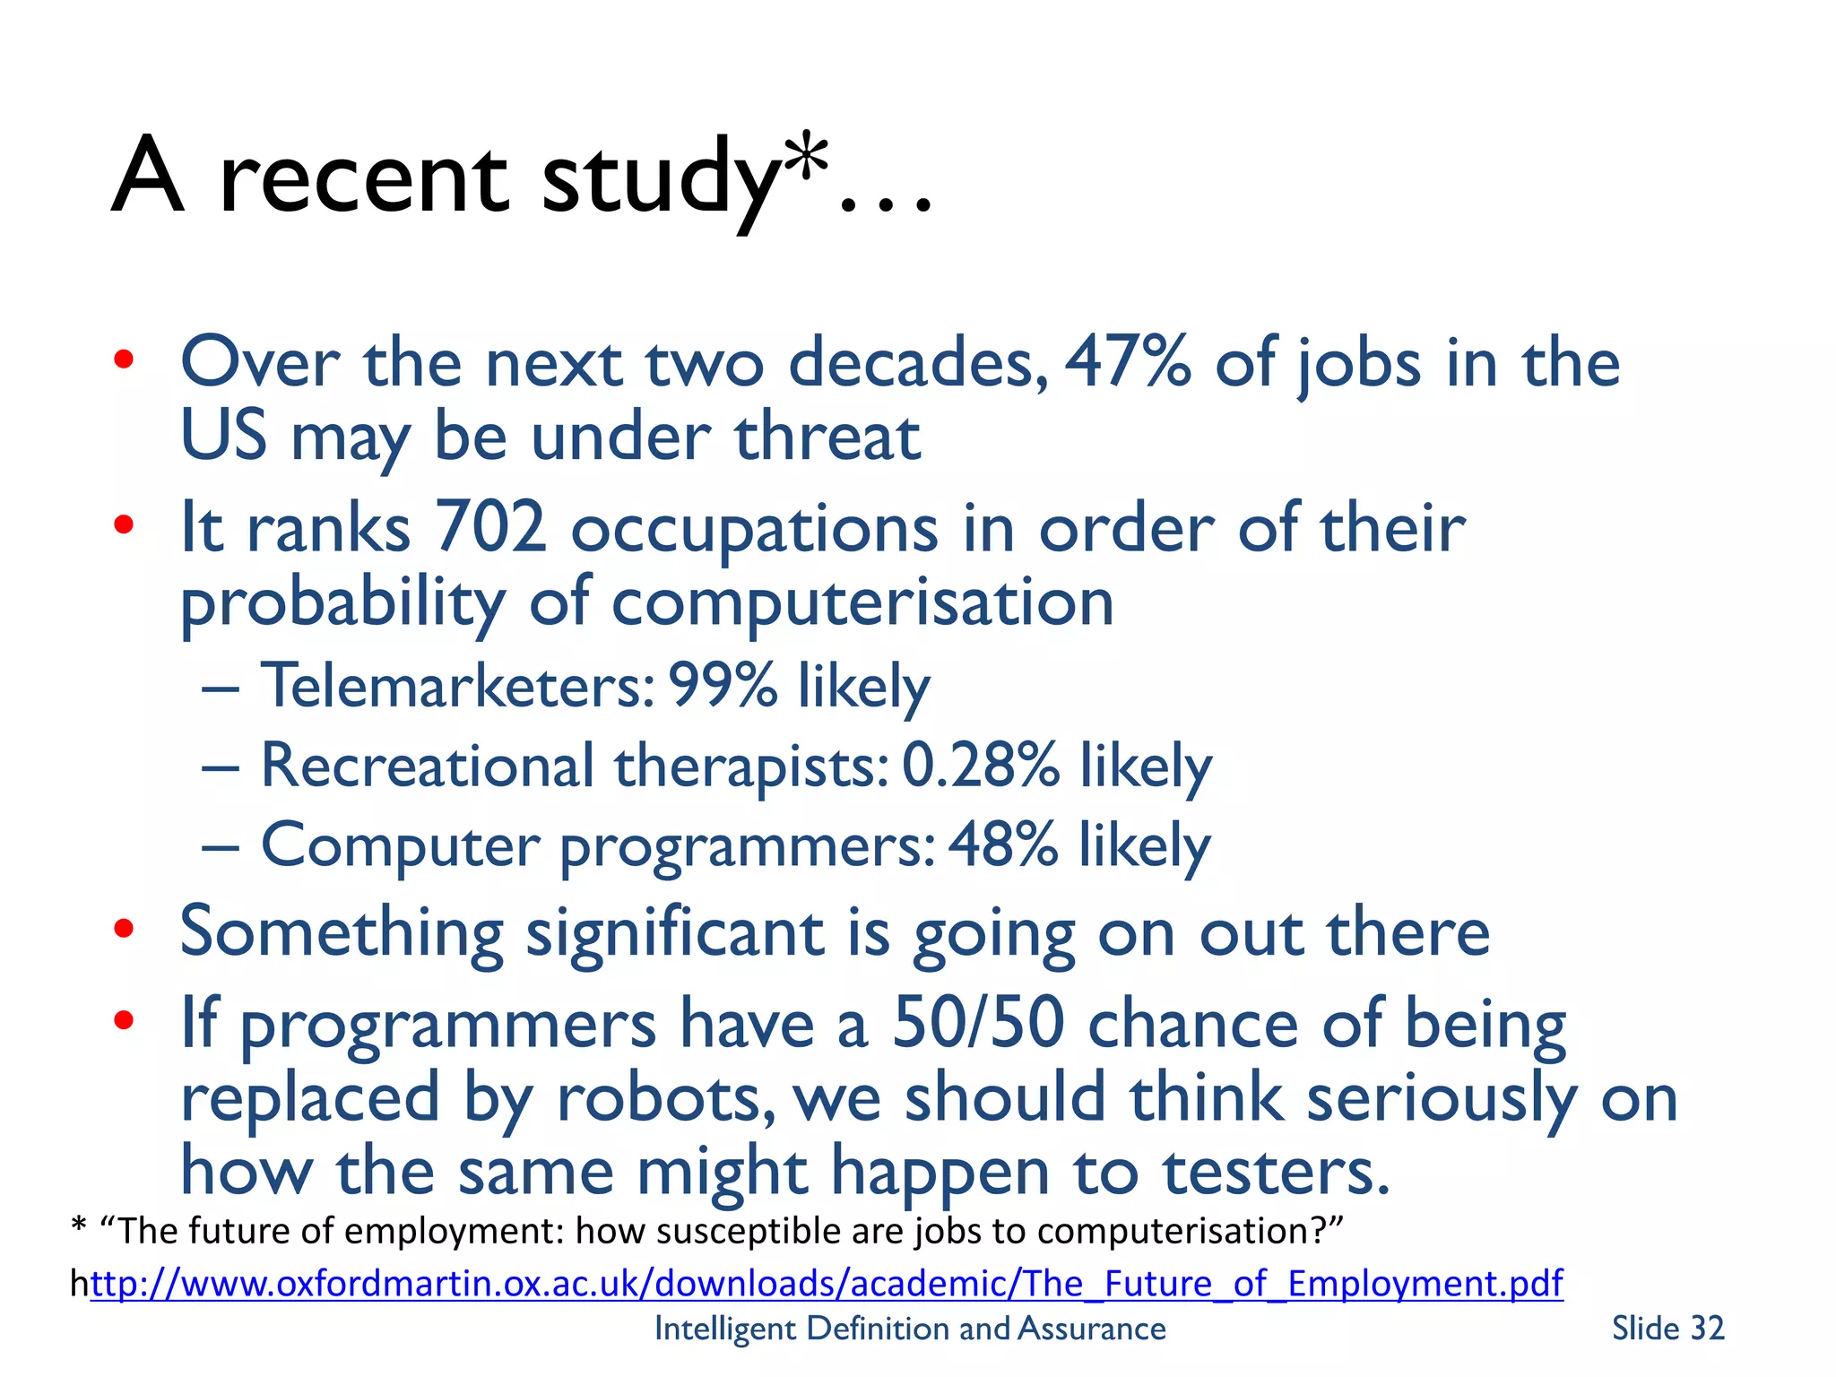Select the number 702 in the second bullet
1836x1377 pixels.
[x=489, y=527]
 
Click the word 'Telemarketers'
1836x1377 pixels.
[x=457, y=686]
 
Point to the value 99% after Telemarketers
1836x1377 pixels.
[x=723, y=686]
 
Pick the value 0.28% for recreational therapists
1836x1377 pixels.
[x=980, y=766]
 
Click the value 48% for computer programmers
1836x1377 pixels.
[x=1002, y=844]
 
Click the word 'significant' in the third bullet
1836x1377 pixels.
[x=674, y=932]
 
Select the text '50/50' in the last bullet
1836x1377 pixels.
[x=978, y=1023]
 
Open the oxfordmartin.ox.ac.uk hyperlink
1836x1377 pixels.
[x=827, y=1283]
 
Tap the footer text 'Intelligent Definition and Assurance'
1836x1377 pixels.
[x=910, y=1328]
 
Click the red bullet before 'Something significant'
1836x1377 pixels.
[x=124, y=929]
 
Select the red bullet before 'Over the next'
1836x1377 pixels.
[x=124, y=360]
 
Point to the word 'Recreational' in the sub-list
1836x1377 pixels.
[x=427, y=766]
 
